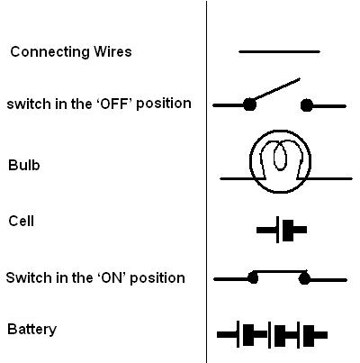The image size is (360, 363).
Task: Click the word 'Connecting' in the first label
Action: click(49, 52)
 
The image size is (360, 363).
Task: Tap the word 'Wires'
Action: click(112, 51)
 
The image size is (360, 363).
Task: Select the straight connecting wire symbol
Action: click(279, 52)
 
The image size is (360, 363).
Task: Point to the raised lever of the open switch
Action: click(275, 90)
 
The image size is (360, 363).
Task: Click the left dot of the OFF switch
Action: click(249, 105)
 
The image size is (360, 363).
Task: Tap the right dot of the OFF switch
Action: click(307, 105)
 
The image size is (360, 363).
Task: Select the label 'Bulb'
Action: click(24, 165)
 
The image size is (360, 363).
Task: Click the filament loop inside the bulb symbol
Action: click(280, 156)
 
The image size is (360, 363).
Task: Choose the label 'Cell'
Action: click(21, 222)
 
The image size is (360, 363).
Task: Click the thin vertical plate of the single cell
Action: click(277, 229)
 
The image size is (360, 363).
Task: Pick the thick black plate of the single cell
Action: click(288, 231)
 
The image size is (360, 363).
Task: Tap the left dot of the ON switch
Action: click(253, 278)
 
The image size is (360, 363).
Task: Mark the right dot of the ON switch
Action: click(304, 278)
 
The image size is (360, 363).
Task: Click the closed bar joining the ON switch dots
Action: click(279, 271)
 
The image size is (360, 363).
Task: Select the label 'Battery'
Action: click(31, 329)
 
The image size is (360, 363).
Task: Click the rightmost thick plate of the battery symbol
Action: click(309, 335)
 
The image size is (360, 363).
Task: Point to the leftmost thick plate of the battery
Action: click(248, 335)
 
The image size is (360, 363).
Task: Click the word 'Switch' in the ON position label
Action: click(24, 277)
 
